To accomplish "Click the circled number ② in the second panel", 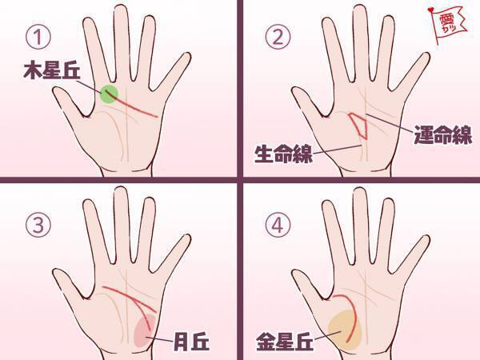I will pos(278,36).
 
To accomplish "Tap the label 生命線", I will pos(282,153).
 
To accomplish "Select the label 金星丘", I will pos(282,339).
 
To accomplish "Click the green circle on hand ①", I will pos(110,95).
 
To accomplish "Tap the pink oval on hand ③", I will pos(146,329).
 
